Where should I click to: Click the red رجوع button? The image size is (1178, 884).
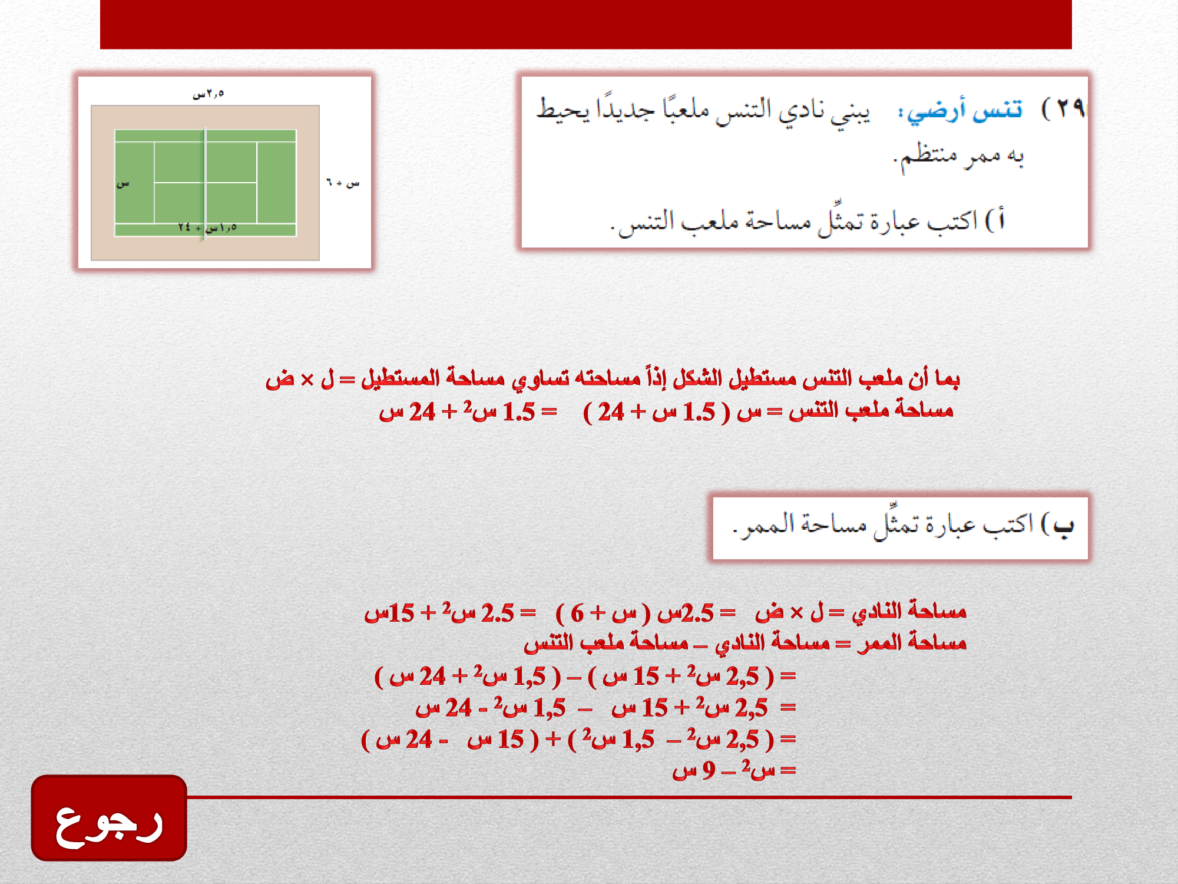pyautogui.click(x=109, y=818)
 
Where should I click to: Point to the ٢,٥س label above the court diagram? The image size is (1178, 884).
pyautogui.click(x=209, y=94)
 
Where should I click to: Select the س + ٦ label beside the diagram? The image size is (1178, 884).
pyautogui.click(x=343, y=183)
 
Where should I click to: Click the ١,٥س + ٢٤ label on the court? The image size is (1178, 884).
pyautogui.click(x=207, y=227)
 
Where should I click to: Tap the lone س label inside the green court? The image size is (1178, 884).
pyautogui.click(x=123, y=184)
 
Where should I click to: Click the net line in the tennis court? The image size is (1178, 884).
pyautogui.click(x=205, y=183)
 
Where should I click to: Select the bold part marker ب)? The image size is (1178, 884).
pyautogui.click(x=1058, y=525)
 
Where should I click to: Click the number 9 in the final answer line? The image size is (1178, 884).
pyautogui.click(x=709, y=770)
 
